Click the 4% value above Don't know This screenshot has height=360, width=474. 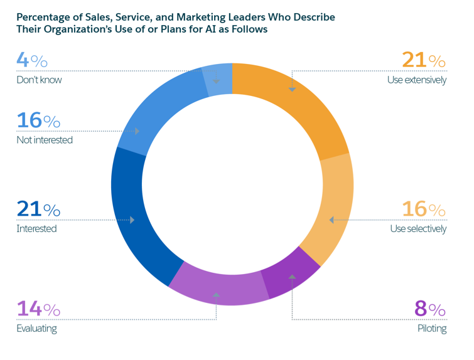(x=31, y=61)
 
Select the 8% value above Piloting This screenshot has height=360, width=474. (x=430, y=309)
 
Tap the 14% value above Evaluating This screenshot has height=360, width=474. (x=38, y=309)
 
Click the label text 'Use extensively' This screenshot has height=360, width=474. (x=417, y=80)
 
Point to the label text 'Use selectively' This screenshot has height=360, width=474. (x=418, y=228)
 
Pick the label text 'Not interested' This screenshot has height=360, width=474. (x=45, y=140)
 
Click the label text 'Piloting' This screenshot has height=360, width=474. (x=432, y=328)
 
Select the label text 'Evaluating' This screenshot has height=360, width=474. (x=36, y=328)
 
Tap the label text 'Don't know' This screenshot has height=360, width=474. (x=39, y=80)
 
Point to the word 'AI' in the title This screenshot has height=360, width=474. (x=194, y=29)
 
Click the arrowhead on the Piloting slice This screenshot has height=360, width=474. (x=292, y=277)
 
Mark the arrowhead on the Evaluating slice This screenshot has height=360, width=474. (x=217, y=294)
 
